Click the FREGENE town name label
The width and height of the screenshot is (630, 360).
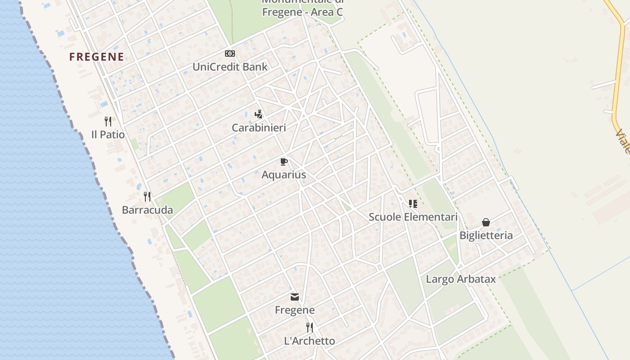pos(96,57)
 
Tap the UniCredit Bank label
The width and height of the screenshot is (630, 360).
pos(230,67)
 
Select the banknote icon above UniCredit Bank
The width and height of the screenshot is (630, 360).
pos(230,54)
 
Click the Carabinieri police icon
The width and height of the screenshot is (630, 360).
pos(258,114)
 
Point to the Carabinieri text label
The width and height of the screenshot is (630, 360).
pos(259,128)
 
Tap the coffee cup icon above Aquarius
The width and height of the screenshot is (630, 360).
pos(283,162)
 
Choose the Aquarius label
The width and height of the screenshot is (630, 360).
pos(283,175)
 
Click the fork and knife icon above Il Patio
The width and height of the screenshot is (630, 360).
pos(108,121)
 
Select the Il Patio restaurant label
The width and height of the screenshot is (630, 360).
pos(108,135)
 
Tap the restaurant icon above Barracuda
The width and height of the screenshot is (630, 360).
pos(147,196)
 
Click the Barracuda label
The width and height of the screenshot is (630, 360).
pos(147,210)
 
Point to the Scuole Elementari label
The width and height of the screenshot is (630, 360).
pos(413,217)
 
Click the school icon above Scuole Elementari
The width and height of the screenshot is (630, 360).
pos(413,204)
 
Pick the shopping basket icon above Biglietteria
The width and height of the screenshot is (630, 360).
pos(486,222)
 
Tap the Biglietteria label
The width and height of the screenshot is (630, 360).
pos(486,235)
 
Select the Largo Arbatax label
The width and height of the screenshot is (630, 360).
pos(461,279)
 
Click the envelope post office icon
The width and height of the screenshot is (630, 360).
pos(295,297)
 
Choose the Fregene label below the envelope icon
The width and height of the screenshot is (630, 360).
pos(295,310)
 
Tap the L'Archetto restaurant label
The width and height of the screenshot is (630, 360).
pos(310,341)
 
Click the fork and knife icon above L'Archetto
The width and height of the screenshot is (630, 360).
pos(310,327)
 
